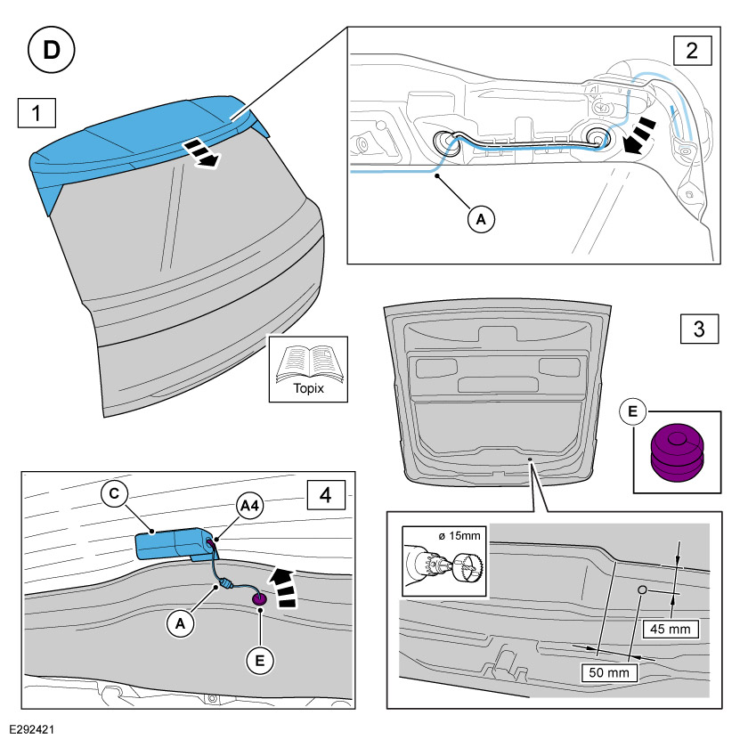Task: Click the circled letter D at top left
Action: click(x=53, y=51)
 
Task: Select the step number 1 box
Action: click(x=37, y=115)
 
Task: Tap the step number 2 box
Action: click(x=692, y=50)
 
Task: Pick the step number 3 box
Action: click(x=699, y=329)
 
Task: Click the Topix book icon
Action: click(x=308, y=369)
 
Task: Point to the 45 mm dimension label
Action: click(x=672, y=630)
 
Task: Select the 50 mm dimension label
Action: click(x=609, y=671)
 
